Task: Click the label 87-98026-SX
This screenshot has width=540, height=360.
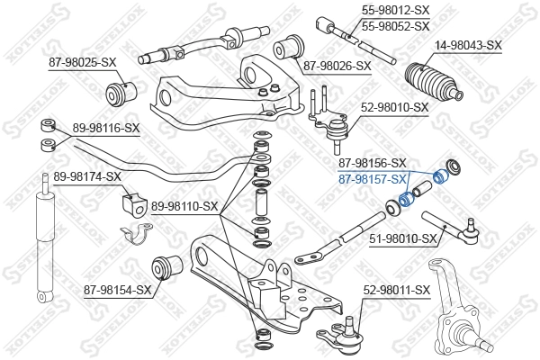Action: click(336, 66)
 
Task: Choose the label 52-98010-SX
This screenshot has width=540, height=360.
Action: click(396, 107)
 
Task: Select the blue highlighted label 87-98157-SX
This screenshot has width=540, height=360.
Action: click(372, 180)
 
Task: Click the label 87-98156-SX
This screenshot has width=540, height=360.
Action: click(372, 165)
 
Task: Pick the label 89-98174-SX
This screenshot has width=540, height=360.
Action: click(87, 175)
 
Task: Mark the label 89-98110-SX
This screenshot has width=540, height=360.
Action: click(185, 206)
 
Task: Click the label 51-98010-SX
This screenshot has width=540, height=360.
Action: click(403, 238)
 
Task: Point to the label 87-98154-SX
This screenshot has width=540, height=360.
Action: click(118, 290)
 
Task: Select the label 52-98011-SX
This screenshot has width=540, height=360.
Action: click(397, 290)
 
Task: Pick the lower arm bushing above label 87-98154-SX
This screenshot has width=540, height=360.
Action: click(168, 265)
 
